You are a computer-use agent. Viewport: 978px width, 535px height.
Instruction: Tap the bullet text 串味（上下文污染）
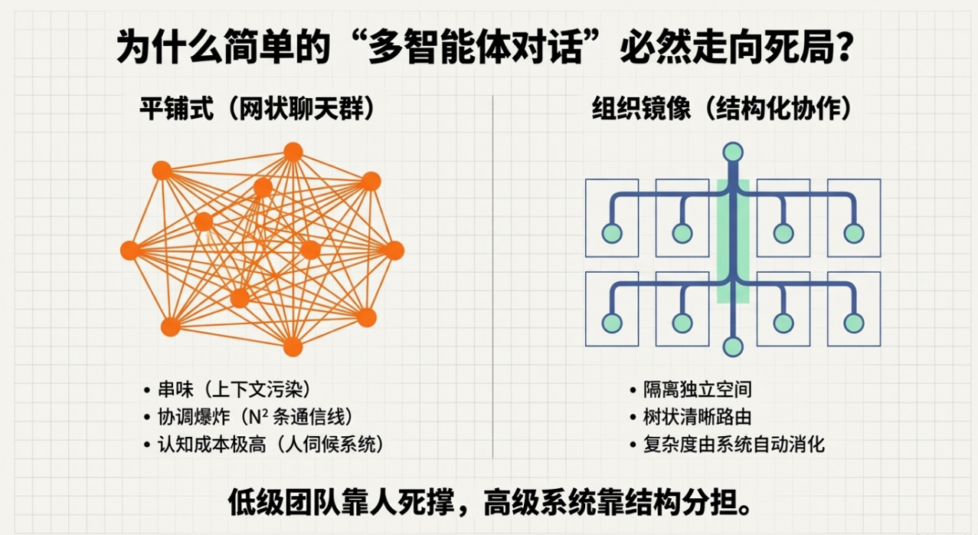pos(234,389)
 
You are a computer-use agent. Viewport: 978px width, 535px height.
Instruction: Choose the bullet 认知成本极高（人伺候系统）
pos(271,445)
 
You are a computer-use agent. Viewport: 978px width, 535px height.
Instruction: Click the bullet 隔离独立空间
pos(697,389)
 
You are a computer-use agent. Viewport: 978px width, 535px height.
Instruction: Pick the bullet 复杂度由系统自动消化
pos(734,445)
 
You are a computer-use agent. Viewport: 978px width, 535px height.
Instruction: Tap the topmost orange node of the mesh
pos(293,152)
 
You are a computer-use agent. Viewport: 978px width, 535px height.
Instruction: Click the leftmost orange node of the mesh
pos(129,251)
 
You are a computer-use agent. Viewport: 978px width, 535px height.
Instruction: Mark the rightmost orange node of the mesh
pos(394,251)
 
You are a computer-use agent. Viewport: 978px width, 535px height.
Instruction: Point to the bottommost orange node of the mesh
pos(293,347)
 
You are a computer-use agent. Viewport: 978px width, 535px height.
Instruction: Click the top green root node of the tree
pos(733,153)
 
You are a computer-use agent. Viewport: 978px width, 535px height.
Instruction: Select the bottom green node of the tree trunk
pos(733,347)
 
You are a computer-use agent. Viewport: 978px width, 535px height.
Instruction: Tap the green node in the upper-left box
pos(612,234)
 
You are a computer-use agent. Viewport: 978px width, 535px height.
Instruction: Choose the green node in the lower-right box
pos(854,323)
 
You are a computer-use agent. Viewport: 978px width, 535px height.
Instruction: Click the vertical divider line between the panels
pos(493,277)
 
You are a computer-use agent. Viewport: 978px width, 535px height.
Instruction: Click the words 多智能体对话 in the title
pos(475,46)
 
